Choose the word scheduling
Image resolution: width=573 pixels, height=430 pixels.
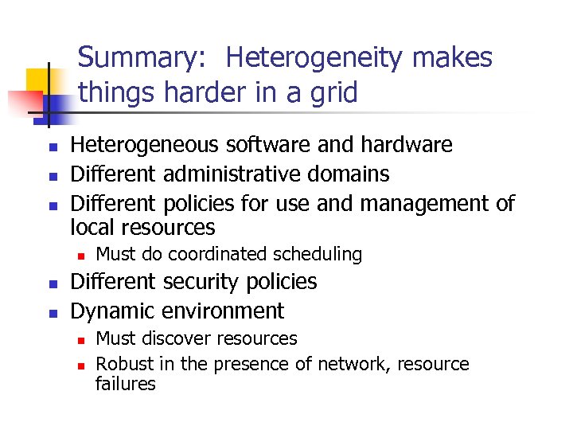point(318,255)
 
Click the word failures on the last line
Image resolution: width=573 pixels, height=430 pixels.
point(125,384)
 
